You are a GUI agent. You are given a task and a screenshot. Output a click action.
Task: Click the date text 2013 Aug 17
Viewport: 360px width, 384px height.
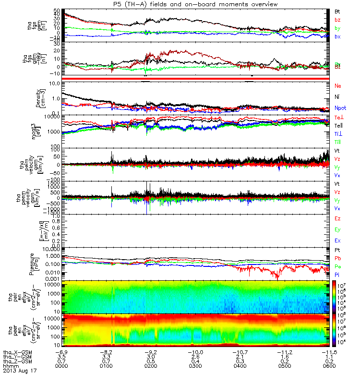tap(19, 371)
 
